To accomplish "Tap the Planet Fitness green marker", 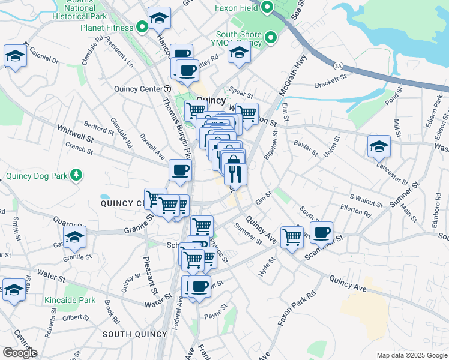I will point(142,26).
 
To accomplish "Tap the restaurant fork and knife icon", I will point(235,174).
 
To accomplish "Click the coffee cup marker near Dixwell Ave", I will point(180,170).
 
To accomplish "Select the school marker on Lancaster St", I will point(379,145).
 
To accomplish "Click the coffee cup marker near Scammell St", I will point(321,231).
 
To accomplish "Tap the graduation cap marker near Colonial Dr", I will point(14,56).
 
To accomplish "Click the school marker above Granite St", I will point(75,236).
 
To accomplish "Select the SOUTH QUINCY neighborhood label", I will point(134,334).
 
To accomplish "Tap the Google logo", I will point(19,353).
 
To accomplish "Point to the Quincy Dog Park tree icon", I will point(76,175).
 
